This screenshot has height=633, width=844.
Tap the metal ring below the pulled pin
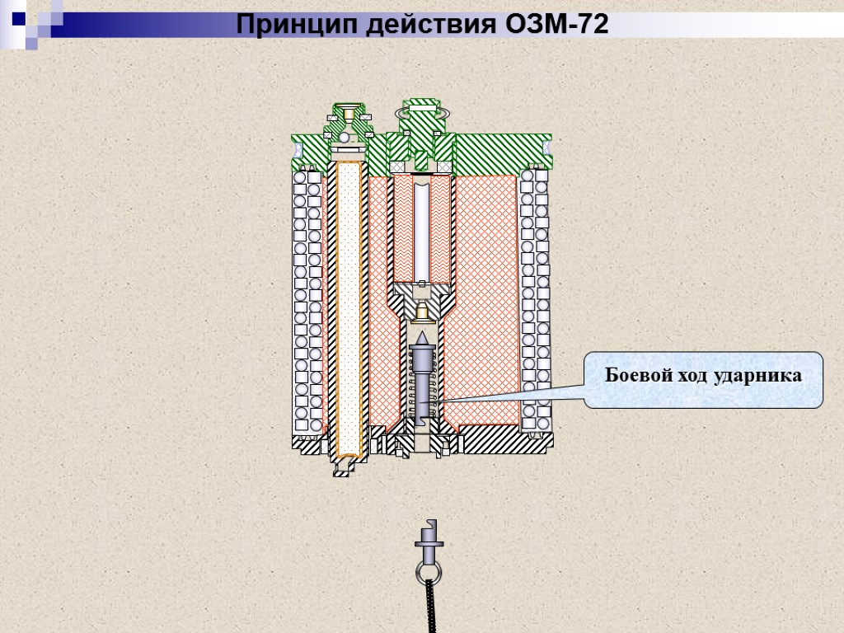tap(429, 571)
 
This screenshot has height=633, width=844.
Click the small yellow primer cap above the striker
tap(422, 312)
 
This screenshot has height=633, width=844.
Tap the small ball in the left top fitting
tap(344, 137)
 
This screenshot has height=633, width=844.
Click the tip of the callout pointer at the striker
tap(429, 401)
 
